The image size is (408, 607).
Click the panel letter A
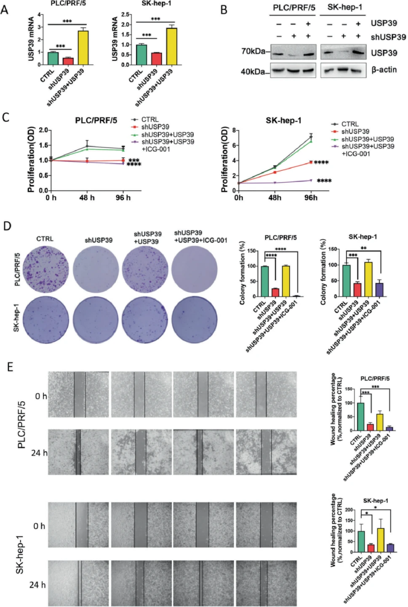(x=5, y=10)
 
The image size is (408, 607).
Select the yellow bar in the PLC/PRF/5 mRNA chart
(x=83, y=48)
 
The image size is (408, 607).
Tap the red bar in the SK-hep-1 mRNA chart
(x=156, y=59)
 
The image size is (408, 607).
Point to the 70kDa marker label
(x=253, y=51)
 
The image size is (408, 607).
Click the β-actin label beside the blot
(x=384, y=70)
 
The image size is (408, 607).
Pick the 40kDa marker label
(x=253, y=72)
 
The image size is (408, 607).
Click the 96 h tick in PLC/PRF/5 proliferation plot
(x=123, y=198)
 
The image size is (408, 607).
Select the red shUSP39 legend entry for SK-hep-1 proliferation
(x=355, y=132)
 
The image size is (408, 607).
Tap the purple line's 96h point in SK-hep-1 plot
(x=311, y=180)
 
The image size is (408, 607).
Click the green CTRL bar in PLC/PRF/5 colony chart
(x=264, y=281)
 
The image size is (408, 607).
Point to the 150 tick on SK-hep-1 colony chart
(x=332, y=249)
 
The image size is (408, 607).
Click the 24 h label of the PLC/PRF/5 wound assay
(x=39, y=453)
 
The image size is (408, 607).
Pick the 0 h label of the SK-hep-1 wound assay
(x=39, y=526)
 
